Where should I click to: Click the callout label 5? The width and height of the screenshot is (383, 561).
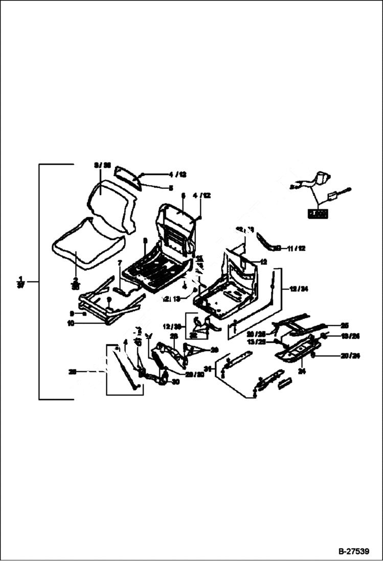point(171,188)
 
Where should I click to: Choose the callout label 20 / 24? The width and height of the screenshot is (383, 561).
point(350,355)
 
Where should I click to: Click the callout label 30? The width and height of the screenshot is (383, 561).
point(176,382)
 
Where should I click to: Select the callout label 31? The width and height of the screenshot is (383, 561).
point(208,369)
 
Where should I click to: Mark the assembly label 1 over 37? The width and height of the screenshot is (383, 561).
point(19,282)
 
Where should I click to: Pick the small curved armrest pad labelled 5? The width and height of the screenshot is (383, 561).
point(127,176)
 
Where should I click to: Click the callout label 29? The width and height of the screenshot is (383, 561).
point(214,349)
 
